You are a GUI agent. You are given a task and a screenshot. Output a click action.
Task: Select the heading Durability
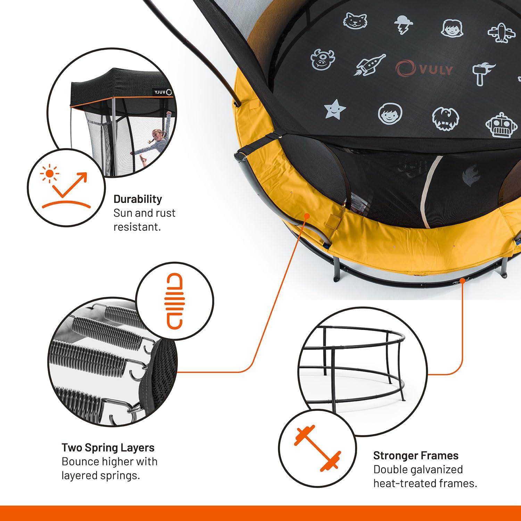pyautogui.click(x=138, y=199)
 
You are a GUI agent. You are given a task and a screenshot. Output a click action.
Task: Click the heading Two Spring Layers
pyautogui.click(x=108, y=447)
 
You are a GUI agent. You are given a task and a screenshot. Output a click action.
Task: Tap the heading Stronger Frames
pyautogui.click(x=416, y=455)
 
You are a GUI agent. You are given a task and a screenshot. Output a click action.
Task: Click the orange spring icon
pyautogui.click(x=174, y=301)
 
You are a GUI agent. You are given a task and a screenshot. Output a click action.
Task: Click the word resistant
pyautogui.click(x=137, y=227)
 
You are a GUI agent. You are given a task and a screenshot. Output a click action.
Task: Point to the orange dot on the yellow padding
pyautogui.click(x=307, y=216)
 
